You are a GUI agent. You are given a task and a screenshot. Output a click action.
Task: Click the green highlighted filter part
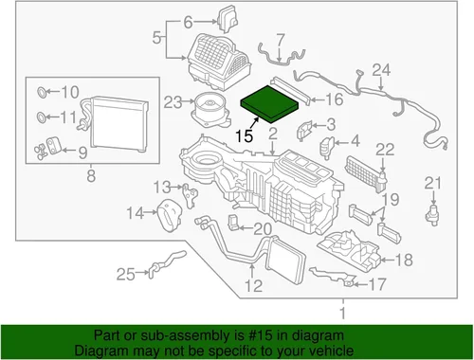coord(270,103)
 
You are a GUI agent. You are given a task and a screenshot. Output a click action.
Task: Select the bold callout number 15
coord(245,135)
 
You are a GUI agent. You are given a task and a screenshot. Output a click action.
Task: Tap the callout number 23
coord(173,102)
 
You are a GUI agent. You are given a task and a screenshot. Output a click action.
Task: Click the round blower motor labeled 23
coord(210,109)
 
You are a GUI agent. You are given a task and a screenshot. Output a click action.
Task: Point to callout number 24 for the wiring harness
coord(381,70)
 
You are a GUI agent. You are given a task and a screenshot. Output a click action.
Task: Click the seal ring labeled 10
coord(42,92)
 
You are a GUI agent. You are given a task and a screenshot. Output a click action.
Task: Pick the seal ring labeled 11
coord(42,117)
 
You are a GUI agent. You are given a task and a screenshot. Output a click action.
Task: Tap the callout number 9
coord(82,153)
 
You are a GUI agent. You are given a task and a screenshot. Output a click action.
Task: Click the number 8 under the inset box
coord(91,176)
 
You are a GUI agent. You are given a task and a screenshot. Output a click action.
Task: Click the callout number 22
coord(385,150)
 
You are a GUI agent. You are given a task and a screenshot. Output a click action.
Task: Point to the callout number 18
coord(404,260)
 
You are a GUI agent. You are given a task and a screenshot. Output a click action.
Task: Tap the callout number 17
coord(377,284)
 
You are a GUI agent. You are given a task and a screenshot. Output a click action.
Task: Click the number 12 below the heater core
coord(254,286)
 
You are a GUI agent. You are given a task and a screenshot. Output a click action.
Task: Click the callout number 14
coord(136,213)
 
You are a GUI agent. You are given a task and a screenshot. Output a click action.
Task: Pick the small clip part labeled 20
coord(233,222)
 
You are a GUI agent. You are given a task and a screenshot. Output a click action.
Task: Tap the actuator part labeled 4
coord(327,146)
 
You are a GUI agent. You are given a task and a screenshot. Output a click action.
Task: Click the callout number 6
coord(188,23)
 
